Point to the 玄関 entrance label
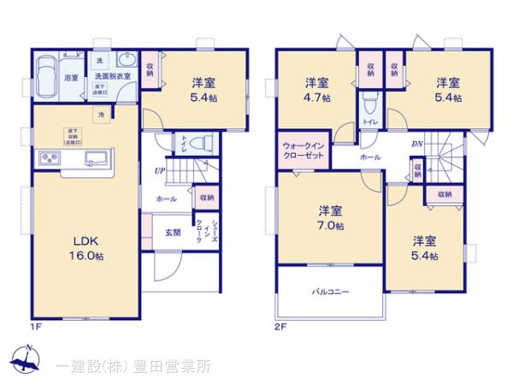[x=173, y=232]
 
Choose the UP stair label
[x=159, y=171]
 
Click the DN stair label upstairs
[x=417, y=144]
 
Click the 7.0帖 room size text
[x=333, y=226]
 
